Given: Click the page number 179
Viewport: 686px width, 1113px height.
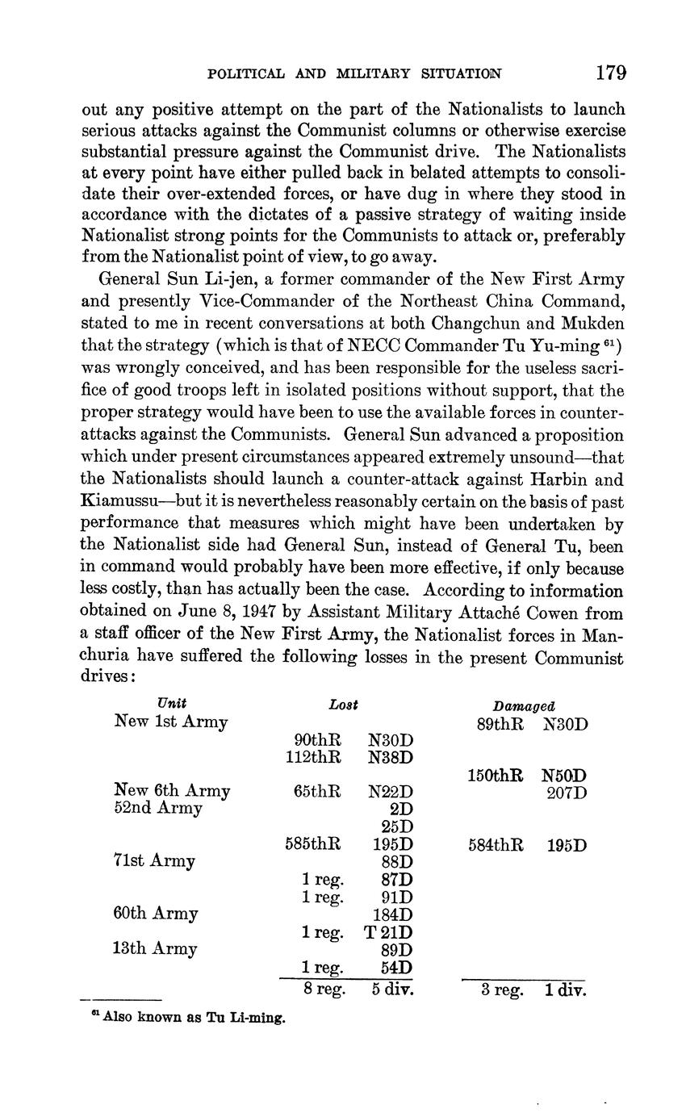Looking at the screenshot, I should (x=611, y=73).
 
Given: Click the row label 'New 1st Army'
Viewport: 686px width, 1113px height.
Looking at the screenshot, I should (x=171, y=722).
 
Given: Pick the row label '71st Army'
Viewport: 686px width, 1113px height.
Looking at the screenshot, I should (x=155, y=861).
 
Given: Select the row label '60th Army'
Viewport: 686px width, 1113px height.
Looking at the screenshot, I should (x=156, y=914).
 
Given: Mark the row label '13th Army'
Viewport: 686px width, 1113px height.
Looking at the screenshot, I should (x=155, y=949).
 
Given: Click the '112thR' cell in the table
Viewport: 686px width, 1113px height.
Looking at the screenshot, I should (x=313, y=757).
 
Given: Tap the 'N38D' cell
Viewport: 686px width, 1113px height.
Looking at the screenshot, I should (x=391, y=757).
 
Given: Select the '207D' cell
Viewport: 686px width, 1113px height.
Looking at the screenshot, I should (x=567, y=793).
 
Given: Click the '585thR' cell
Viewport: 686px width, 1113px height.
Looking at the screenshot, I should (x=313, y=844).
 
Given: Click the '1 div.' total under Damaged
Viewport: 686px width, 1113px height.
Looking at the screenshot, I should (x=565, y=989).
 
